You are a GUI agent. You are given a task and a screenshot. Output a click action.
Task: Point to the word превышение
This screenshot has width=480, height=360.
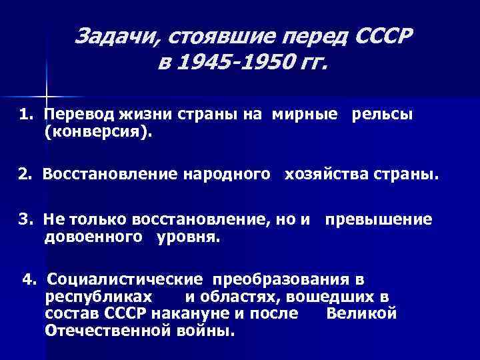point(379,219)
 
